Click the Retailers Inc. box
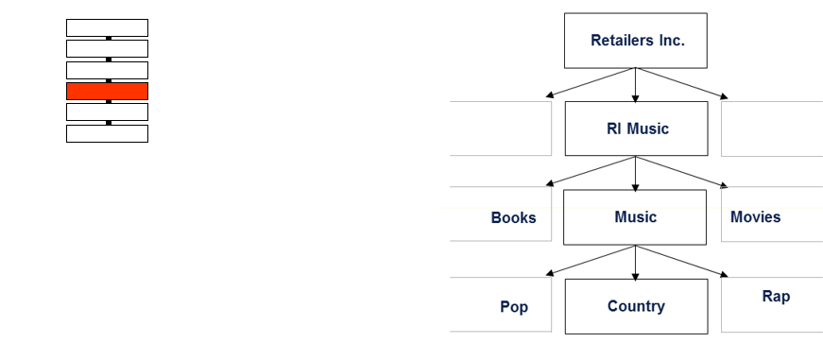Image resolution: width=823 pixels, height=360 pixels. click(635, 41)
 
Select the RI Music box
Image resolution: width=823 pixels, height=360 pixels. click(635, 129)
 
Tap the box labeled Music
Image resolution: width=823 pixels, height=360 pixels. click(635, 217)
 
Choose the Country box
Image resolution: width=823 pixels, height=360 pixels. click(635, 306)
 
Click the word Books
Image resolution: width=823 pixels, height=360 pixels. click(513, 218)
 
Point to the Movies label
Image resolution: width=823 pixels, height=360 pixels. click(755, 217)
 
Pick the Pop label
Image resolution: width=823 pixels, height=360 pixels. click(514, 307)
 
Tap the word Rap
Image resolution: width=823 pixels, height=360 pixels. click(776, 297)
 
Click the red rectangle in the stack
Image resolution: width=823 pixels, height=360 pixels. click(107, 91)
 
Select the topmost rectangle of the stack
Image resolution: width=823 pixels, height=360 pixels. click(107, 27)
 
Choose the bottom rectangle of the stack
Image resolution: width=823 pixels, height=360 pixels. click(107, 133)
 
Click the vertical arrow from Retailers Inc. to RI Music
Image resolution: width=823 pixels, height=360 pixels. click(635, 85)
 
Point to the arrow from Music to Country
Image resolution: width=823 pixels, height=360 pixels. click(635, 263)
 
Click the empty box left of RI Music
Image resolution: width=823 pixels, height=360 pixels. click(501, 129)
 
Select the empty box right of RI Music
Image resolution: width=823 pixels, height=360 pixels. click(771, 129)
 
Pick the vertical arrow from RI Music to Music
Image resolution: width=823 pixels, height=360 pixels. click(635, 173)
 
